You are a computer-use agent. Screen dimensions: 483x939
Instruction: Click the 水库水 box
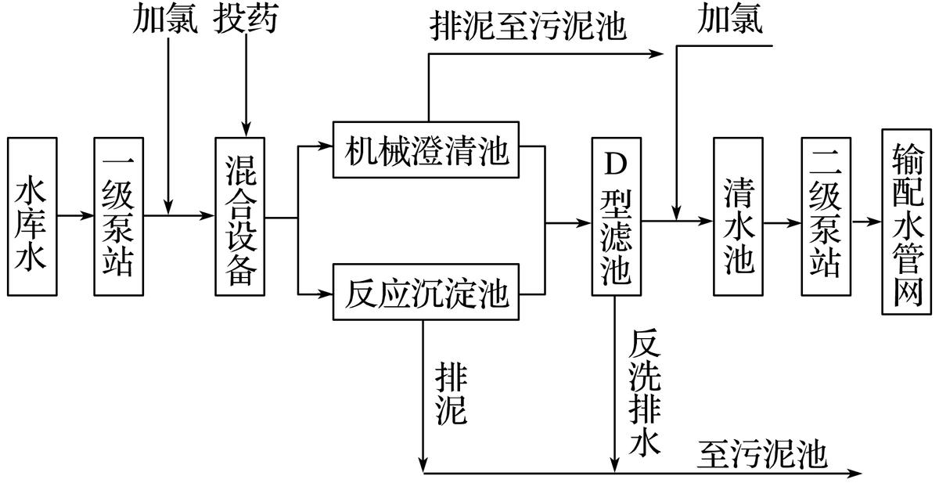point(32,217)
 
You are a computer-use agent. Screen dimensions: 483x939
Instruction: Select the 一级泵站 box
point(119,217)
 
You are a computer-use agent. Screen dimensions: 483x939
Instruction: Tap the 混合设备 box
point(241,217)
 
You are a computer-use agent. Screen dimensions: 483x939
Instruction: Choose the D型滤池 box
point(613,217)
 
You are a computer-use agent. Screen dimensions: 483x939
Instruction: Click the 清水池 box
point(739,217)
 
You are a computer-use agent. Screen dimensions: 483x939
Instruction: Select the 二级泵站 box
point(826,217)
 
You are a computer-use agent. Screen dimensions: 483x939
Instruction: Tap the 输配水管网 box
point(908,221)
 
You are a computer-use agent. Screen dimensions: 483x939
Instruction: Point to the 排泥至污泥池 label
point(529,26)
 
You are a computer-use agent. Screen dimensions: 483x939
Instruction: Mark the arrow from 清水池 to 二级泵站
point(782,222)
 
